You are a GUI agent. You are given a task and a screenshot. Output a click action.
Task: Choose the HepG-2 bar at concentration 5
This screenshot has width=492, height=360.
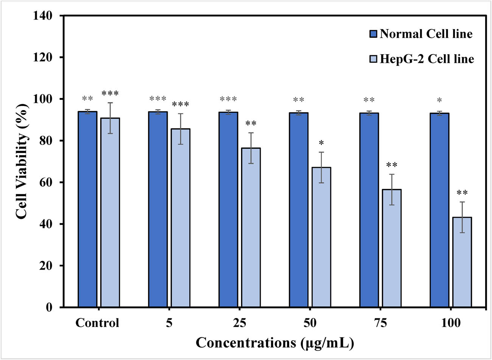(181, 218)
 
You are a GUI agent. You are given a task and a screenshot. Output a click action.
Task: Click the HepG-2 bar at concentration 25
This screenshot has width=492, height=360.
(251, 227)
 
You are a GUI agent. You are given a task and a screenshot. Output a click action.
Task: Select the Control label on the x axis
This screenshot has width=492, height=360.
(97, 323)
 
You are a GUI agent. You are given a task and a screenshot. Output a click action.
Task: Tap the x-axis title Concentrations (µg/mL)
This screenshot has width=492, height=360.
(275, 343)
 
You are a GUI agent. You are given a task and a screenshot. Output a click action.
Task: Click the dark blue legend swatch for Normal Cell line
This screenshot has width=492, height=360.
(373, 34)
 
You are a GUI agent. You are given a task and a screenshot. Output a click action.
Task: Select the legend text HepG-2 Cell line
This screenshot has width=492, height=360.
(427, 59)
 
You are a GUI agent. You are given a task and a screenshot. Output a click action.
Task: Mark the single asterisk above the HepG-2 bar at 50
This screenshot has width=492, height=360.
(321, 143)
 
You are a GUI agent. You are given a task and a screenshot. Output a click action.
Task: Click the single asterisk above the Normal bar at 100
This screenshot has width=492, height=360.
(439, 101)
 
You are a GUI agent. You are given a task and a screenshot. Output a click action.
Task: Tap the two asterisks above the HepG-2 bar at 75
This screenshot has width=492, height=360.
(392, 165)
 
